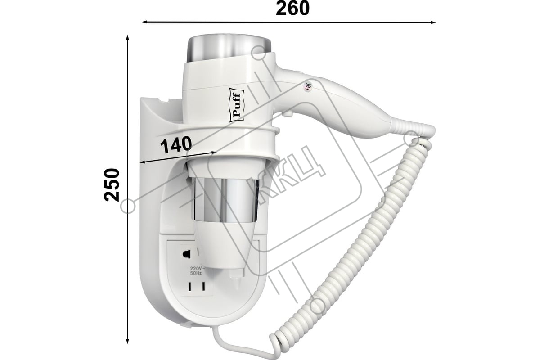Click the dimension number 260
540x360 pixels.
pyautogui.click(x=292, y=8)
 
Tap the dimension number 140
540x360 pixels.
pyautogui.click(x=176, y=145)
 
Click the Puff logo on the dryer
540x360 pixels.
pyautogui.click(x=237, y=107)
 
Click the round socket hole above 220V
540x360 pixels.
pyautogui.click(x=187, y=254)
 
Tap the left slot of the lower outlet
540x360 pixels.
pyautogui.click(x=190, y=287)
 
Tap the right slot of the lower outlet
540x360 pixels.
pyautogui.click(x=203, y=287)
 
